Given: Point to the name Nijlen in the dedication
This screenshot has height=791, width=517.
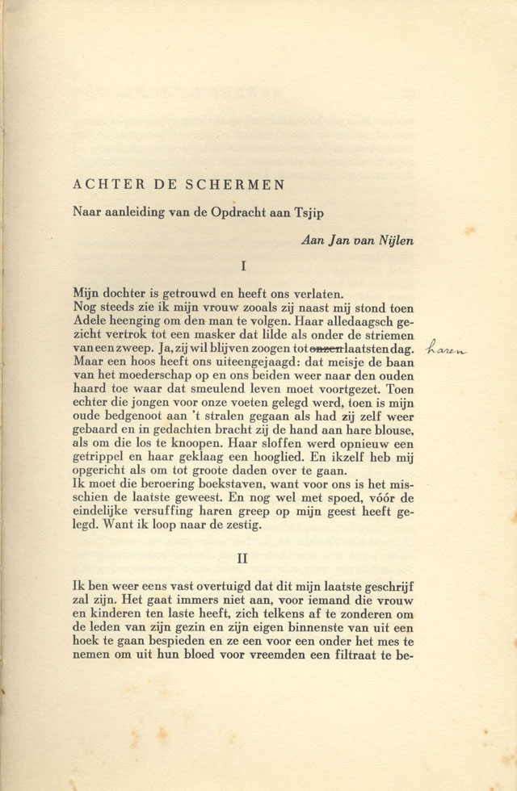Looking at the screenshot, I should point(395,241).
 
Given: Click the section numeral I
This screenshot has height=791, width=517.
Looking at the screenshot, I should point(243,265).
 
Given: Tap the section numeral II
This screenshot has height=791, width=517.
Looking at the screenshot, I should point(242,558).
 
